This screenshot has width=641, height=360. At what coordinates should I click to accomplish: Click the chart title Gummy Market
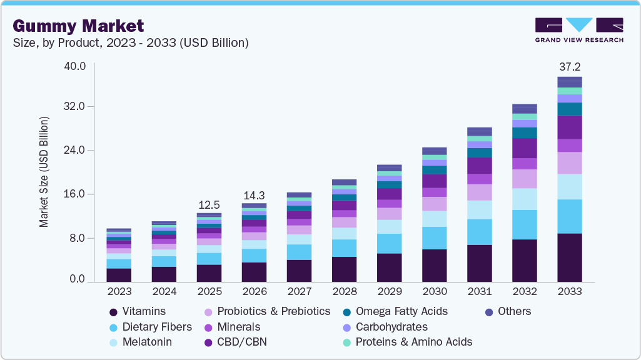point(78,26)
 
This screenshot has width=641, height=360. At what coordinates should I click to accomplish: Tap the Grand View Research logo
point(578,29)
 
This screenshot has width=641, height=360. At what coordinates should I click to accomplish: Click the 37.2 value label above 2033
point(569,66)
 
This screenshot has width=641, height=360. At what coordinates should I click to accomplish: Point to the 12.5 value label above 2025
point(209,205)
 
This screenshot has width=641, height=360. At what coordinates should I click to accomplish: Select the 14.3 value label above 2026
point(254,195)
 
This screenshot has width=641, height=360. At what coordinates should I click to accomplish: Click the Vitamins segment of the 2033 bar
point(569,257)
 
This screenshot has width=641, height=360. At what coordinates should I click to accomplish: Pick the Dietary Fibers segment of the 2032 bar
point(524,224)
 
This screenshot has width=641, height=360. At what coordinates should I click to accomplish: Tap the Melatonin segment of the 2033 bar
point(569,186)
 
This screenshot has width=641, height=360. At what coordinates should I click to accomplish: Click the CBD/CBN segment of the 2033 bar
point(569,127)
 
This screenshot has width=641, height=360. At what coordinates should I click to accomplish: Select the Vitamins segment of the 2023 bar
point(119,275)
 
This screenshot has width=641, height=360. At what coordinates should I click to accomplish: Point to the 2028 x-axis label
point(344,292)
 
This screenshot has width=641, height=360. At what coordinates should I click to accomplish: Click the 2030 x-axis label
point(434,292)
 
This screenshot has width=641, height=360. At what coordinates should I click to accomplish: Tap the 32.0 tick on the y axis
point(74,107)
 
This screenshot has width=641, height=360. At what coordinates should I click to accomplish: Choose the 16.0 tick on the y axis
point(74,194)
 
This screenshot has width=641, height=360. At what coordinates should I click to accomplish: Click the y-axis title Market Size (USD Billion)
point(44,171)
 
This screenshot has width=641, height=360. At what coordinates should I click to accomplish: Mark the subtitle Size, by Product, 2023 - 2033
point(131,43)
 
